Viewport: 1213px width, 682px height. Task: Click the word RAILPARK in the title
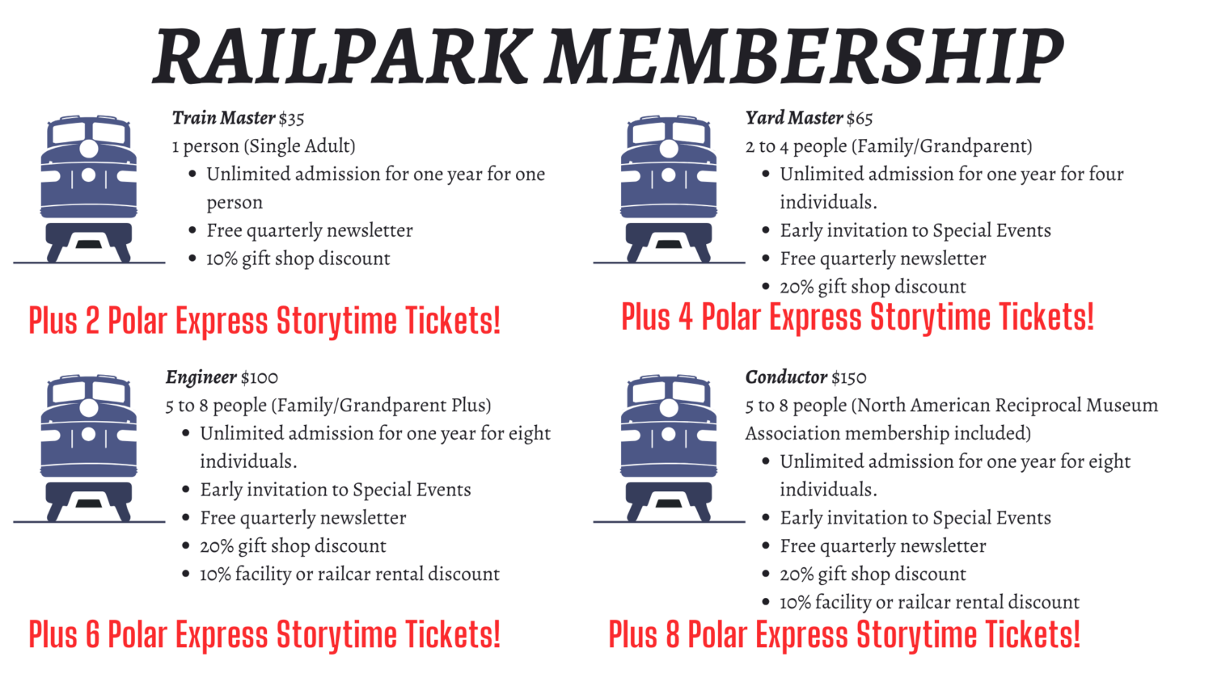point(341,56)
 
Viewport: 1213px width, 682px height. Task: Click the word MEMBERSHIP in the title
point(804,56)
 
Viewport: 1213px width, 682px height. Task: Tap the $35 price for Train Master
point(291,118)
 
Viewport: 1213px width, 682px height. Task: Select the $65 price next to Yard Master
point(860,118)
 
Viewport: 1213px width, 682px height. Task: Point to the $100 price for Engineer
point(260,377)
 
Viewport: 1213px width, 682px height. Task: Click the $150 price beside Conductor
point(849,377)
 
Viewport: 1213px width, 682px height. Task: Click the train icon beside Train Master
point(89,189)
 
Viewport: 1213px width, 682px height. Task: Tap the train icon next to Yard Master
point(669,189)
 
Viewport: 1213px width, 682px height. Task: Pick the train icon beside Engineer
point(89,448)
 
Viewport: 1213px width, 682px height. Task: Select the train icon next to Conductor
point(669,448)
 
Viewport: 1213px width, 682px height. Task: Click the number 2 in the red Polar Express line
point(93,321)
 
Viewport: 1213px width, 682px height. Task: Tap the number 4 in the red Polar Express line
point(686,318)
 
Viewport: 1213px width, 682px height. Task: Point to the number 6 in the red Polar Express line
point(93,634)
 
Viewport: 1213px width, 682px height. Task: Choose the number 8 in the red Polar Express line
point(673,634)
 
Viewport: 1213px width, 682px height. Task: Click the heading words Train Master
point(224,118)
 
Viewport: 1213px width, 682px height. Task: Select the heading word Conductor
point(786,377)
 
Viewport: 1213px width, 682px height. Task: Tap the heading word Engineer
point(201,378)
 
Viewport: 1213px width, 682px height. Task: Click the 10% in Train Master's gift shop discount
point(222,259)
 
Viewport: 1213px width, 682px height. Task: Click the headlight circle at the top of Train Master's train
point(89,149)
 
